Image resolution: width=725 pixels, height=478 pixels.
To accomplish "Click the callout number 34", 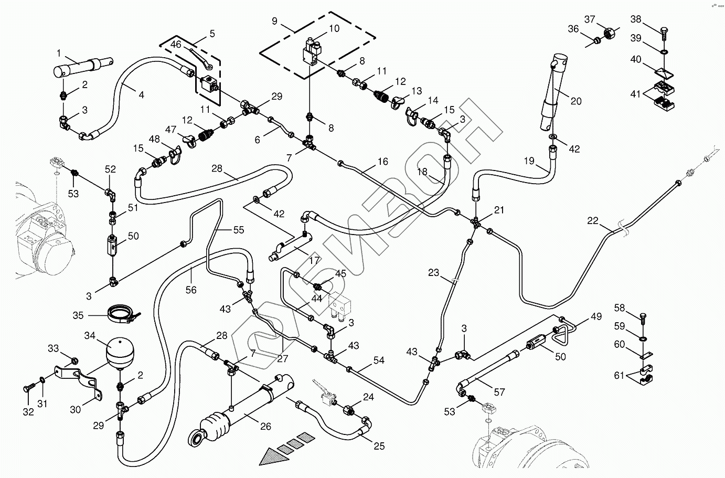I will click(x=90, y=336).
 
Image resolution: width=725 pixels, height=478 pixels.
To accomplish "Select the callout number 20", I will click(x=576, y=101).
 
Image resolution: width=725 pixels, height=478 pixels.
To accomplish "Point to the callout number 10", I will click(x=334, y=28).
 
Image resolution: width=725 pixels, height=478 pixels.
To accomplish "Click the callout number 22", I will click(x=592, y=221).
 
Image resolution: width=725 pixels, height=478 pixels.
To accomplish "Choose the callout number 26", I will click(x=266, y=426).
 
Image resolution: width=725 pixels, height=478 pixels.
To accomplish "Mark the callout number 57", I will click(x=499, y=391).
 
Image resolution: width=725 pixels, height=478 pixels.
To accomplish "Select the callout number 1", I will click(x=59, y=53).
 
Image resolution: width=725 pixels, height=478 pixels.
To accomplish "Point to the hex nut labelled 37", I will click(x=610, y=34).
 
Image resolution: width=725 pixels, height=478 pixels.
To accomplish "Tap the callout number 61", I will click(x=620, y=375).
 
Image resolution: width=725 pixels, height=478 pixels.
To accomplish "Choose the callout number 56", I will click(x=191, y=290).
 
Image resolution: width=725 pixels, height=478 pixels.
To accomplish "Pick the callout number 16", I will click(x=382, y=162).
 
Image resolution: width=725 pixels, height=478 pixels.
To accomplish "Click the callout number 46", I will click(x=176, y=45).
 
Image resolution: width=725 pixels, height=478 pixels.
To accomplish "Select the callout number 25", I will click(x=379, y=446).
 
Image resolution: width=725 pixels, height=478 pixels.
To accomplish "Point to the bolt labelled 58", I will click(x=643, y=316).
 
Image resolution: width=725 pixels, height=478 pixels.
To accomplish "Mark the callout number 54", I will click(x=379, y=360).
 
